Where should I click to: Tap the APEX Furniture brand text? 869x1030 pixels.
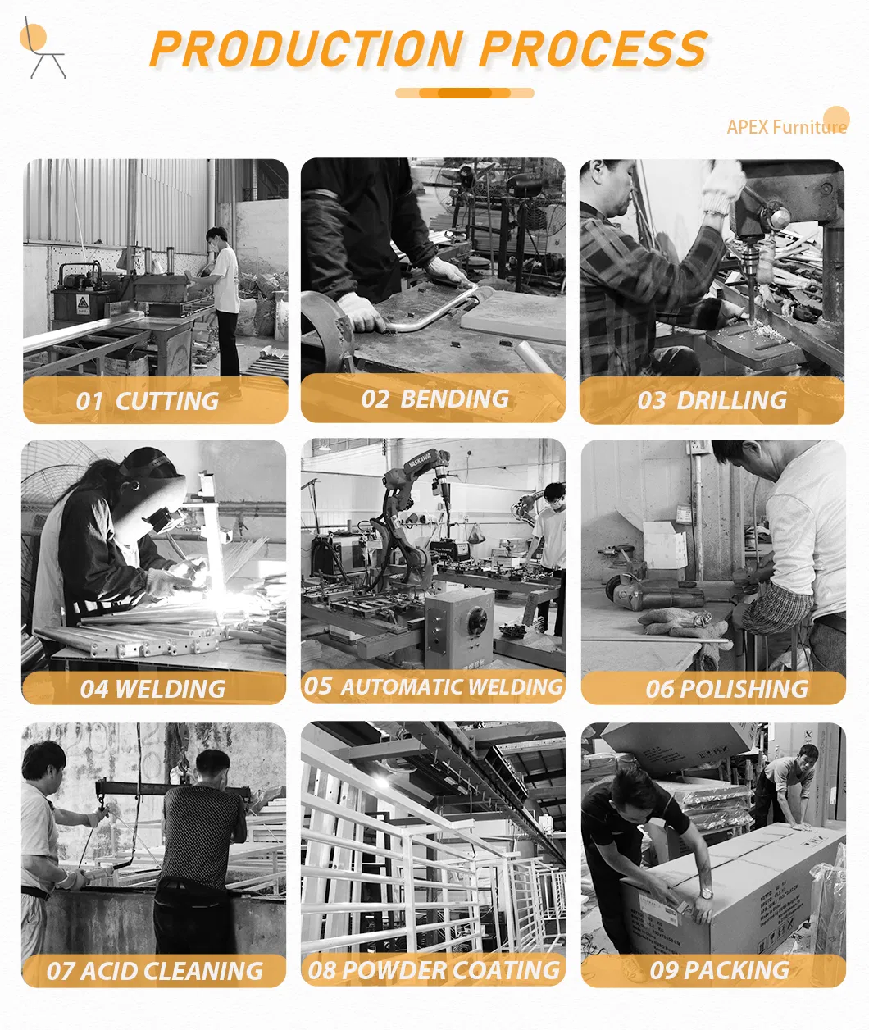click(x=785, y=127)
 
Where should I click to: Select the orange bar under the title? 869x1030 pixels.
click(x=465, y=93)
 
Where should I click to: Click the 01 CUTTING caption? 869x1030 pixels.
click(x=148, y=401)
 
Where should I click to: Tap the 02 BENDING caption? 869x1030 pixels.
click(x=435, y=399)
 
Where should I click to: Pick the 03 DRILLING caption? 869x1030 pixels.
click(x=712, y=400)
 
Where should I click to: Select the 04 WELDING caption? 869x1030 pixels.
click(x=152, y=689)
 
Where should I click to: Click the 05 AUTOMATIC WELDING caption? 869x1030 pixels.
click(x=434, y=686)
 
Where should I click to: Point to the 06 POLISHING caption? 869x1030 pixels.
click(x=726, y=689)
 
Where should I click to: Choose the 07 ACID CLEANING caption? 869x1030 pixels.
click(x=154, y=971)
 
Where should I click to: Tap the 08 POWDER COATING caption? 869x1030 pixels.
click(x=434, y=970)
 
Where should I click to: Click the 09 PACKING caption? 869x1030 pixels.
click(x=719, y=970)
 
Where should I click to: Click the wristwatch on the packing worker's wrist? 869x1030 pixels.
click(x=706, y=891)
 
